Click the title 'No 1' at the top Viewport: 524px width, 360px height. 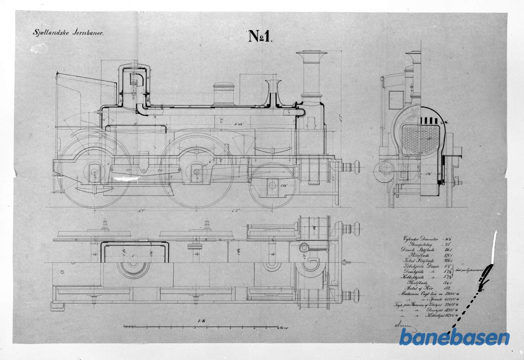(x=261, y=36)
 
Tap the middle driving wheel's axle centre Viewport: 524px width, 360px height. (x=196, y=172)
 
